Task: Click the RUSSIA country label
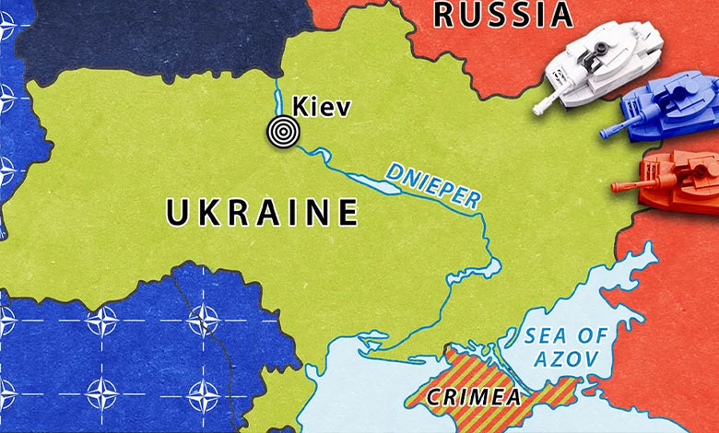(x=502, y=14)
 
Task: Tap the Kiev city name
(x=321, y=107)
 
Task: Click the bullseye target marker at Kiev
(x=282, y=132)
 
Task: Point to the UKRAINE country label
(x=262, y=213)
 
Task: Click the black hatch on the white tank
(x=602, y=45)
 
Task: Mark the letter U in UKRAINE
(x=178, y=213)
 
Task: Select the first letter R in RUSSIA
(x=444, y=14)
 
